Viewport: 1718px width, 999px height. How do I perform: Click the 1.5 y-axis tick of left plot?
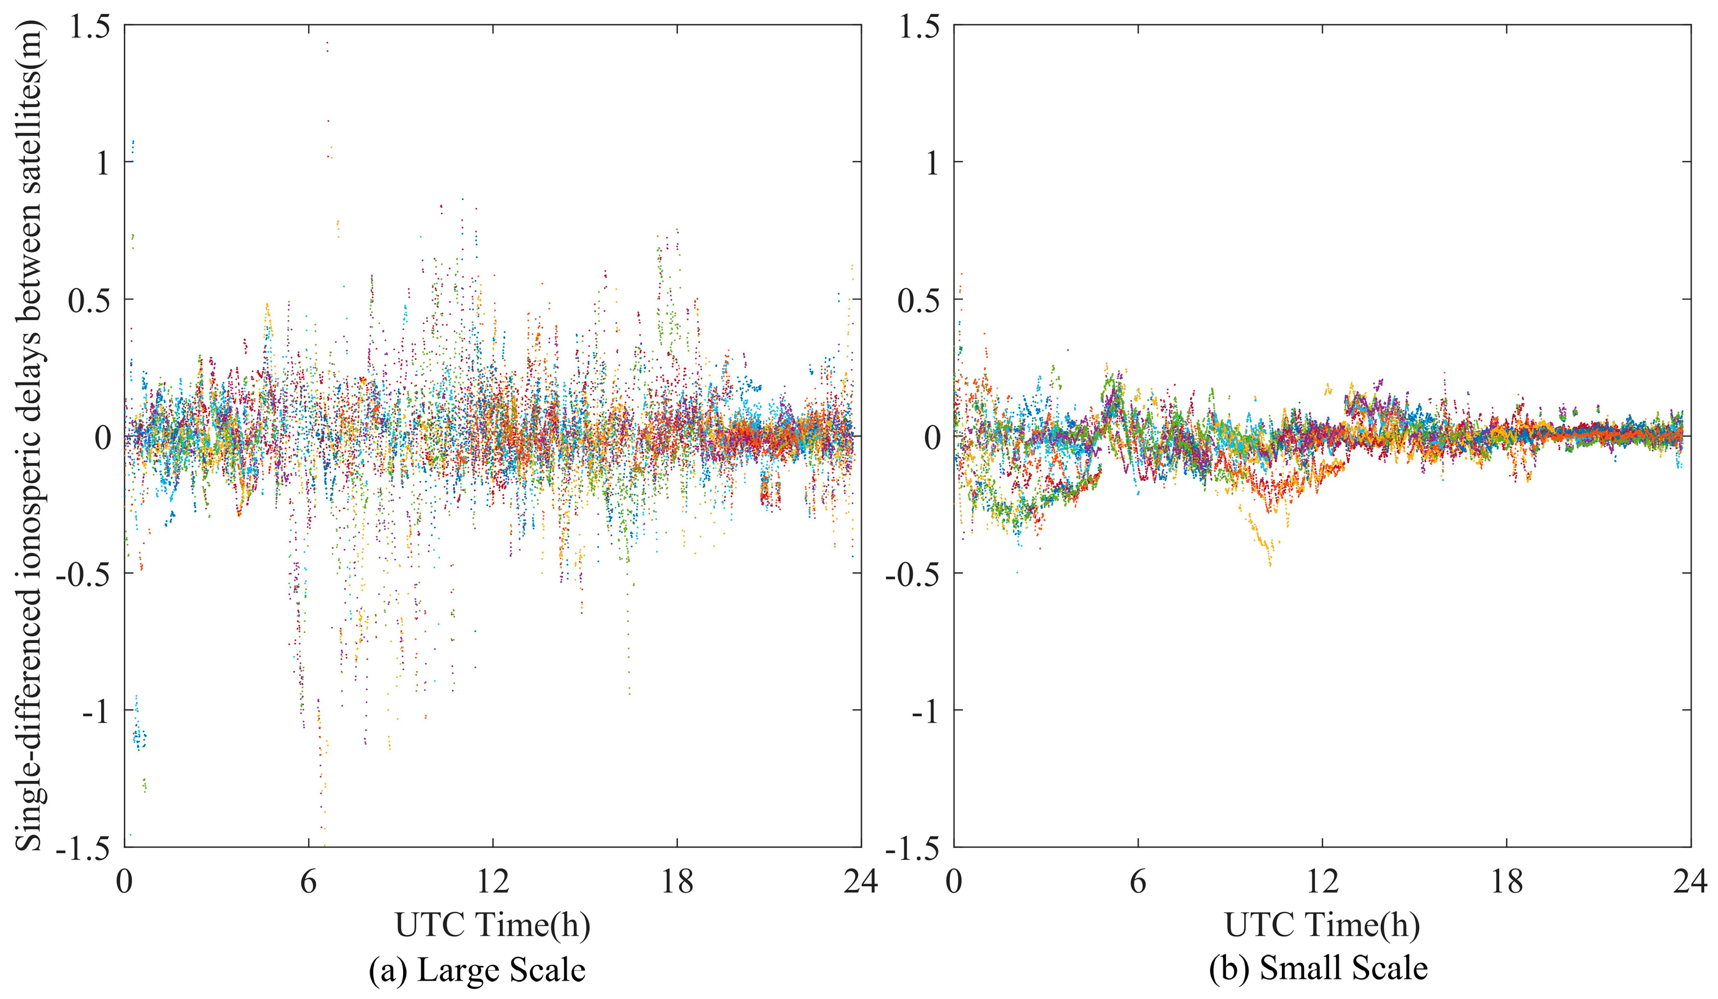(91, 27)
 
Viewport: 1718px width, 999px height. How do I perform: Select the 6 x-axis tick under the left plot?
(308, 883)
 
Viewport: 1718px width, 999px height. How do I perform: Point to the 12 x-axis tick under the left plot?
(492, 883)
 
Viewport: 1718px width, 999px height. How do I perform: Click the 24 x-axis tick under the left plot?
(861, 883)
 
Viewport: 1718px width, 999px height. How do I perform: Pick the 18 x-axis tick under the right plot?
(1506, 883)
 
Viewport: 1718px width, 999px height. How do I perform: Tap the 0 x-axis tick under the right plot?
(954, 883)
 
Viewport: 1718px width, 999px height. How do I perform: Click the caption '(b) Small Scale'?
(1318, 969)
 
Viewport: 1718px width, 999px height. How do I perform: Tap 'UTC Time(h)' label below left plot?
(492, 925)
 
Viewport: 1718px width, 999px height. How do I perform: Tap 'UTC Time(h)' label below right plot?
(1322, 925)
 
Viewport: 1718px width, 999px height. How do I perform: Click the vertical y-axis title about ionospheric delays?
(29, 437)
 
